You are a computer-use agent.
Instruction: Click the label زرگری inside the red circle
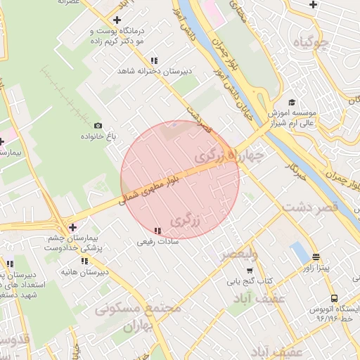click(186, 220)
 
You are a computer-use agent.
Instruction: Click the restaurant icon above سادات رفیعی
click(157, 231)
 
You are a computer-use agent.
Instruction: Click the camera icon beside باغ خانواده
click(98, 124)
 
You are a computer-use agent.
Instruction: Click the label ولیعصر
click(238, 254)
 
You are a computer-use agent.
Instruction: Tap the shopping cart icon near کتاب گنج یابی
click(250, 270)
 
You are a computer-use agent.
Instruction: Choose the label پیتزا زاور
click(317, 268)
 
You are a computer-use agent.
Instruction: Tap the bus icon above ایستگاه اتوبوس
click(334, 298)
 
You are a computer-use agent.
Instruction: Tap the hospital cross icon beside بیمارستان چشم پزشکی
click(73, 227)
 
